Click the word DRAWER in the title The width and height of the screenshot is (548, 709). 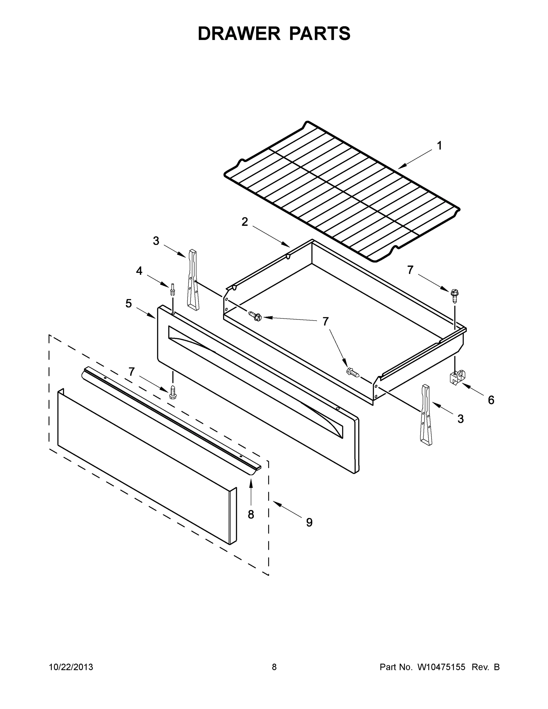(239, 33)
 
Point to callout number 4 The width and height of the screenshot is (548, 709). (139, 270)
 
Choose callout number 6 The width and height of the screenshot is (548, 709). (491, 400)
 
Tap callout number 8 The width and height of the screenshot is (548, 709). (251, 515)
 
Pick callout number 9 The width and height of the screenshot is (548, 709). (309, 522)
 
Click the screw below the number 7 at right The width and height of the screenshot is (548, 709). (454, 295)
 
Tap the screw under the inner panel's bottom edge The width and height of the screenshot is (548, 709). (173, 392)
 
